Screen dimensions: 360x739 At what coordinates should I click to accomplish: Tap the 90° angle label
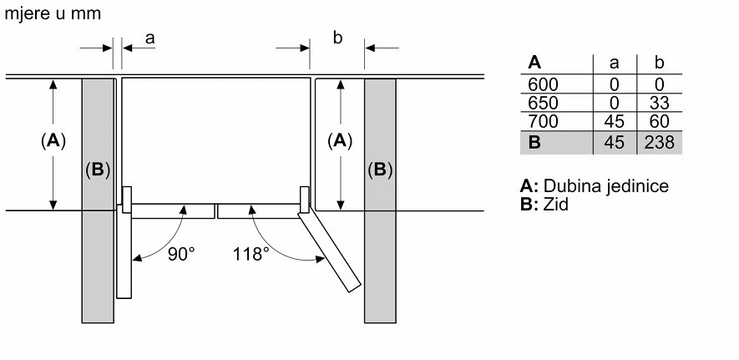tap(180, 254)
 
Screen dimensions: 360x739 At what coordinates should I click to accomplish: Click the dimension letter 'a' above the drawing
tap(150, 38)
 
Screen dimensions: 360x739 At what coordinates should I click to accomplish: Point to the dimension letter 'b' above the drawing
tap(337, 38)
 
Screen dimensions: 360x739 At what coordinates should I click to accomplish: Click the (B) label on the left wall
tap(97, 170)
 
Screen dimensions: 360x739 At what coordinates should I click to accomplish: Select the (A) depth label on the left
tap(53, 141)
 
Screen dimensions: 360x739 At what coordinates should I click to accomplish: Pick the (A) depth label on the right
tap(338, 141)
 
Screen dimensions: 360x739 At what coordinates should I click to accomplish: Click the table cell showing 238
tap(660, 143)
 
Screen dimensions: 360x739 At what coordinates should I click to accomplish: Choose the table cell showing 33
tap(660, 104)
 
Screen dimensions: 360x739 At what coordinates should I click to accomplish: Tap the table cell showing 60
tap(660, 123)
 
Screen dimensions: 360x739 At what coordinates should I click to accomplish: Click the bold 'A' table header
tap(534, 63)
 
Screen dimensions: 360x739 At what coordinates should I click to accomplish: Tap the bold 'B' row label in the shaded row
tap(534, 143)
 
